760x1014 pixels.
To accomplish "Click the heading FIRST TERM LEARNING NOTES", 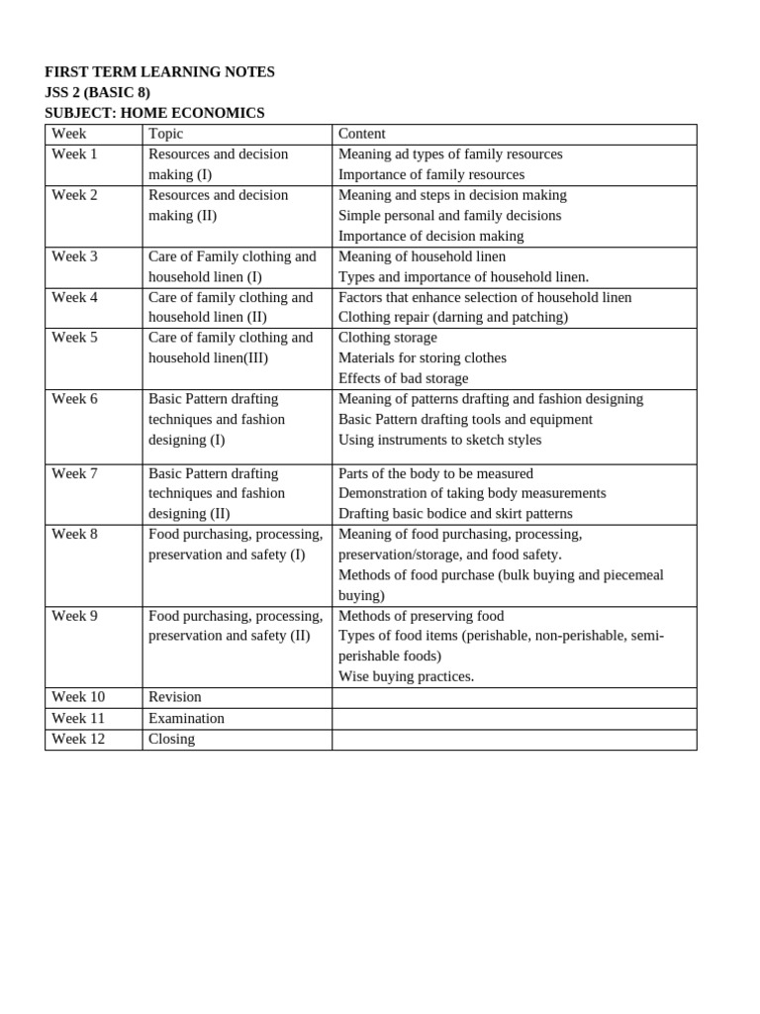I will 159,72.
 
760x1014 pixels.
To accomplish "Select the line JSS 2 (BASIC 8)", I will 97,93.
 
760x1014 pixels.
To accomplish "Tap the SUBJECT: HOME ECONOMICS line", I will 154,113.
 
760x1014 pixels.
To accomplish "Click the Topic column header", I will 165,134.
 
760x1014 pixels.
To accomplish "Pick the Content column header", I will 361,134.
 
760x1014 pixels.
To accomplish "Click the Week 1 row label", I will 74,154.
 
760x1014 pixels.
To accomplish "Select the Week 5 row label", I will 74,338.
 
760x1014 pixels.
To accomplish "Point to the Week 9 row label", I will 74,616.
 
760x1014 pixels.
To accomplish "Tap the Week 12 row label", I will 78,739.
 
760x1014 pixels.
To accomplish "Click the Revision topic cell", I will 174,697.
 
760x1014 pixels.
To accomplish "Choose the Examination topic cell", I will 186,718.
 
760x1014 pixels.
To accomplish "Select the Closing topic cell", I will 171,739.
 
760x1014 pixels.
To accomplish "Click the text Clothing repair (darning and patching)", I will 453,317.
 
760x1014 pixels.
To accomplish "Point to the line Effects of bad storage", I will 403,378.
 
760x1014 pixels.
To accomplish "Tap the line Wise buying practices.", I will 406,676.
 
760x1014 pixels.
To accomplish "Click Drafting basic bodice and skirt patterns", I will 455,514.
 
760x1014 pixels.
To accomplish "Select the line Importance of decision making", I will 430,236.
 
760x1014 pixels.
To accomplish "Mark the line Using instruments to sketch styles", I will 439,440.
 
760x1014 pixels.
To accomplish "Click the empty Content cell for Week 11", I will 514,718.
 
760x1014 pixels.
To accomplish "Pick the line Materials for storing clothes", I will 422,357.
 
